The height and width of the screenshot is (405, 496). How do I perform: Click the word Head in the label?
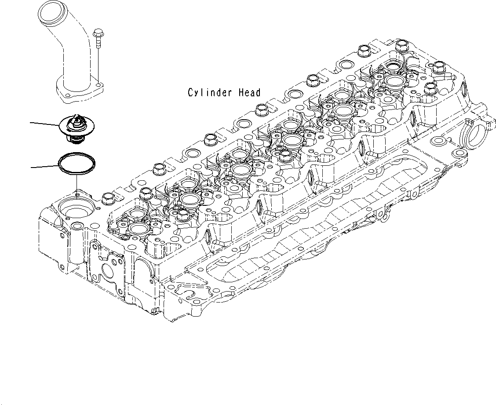(249, 93)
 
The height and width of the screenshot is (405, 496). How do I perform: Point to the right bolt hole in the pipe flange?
(99, 86)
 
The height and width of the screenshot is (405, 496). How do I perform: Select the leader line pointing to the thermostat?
(44, 124)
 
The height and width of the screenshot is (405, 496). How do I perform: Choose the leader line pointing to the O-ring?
(44, 166)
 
